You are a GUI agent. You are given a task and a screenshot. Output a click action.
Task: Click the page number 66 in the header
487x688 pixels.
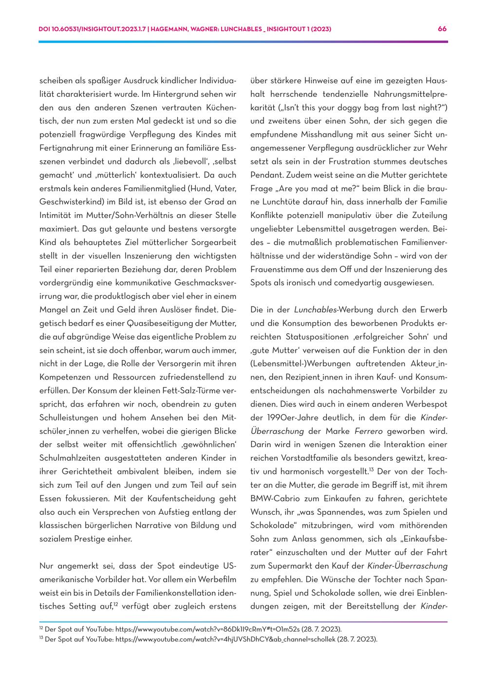(x=442, y=29)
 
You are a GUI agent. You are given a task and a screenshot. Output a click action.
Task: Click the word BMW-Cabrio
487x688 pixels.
(x=274, y=498)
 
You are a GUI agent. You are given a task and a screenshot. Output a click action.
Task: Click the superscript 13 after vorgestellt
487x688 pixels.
(x=371, y=470)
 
